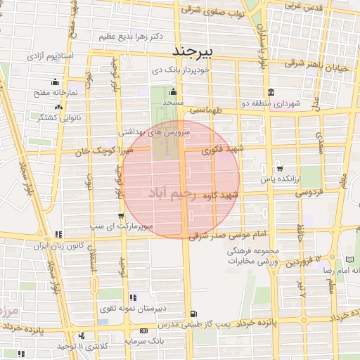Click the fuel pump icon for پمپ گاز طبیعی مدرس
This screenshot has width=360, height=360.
193,314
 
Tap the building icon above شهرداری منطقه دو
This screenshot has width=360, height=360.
271,93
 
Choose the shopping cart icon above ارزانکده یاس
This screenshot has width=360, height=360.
281,168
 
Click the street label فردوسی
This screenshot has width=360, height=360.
307,191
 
